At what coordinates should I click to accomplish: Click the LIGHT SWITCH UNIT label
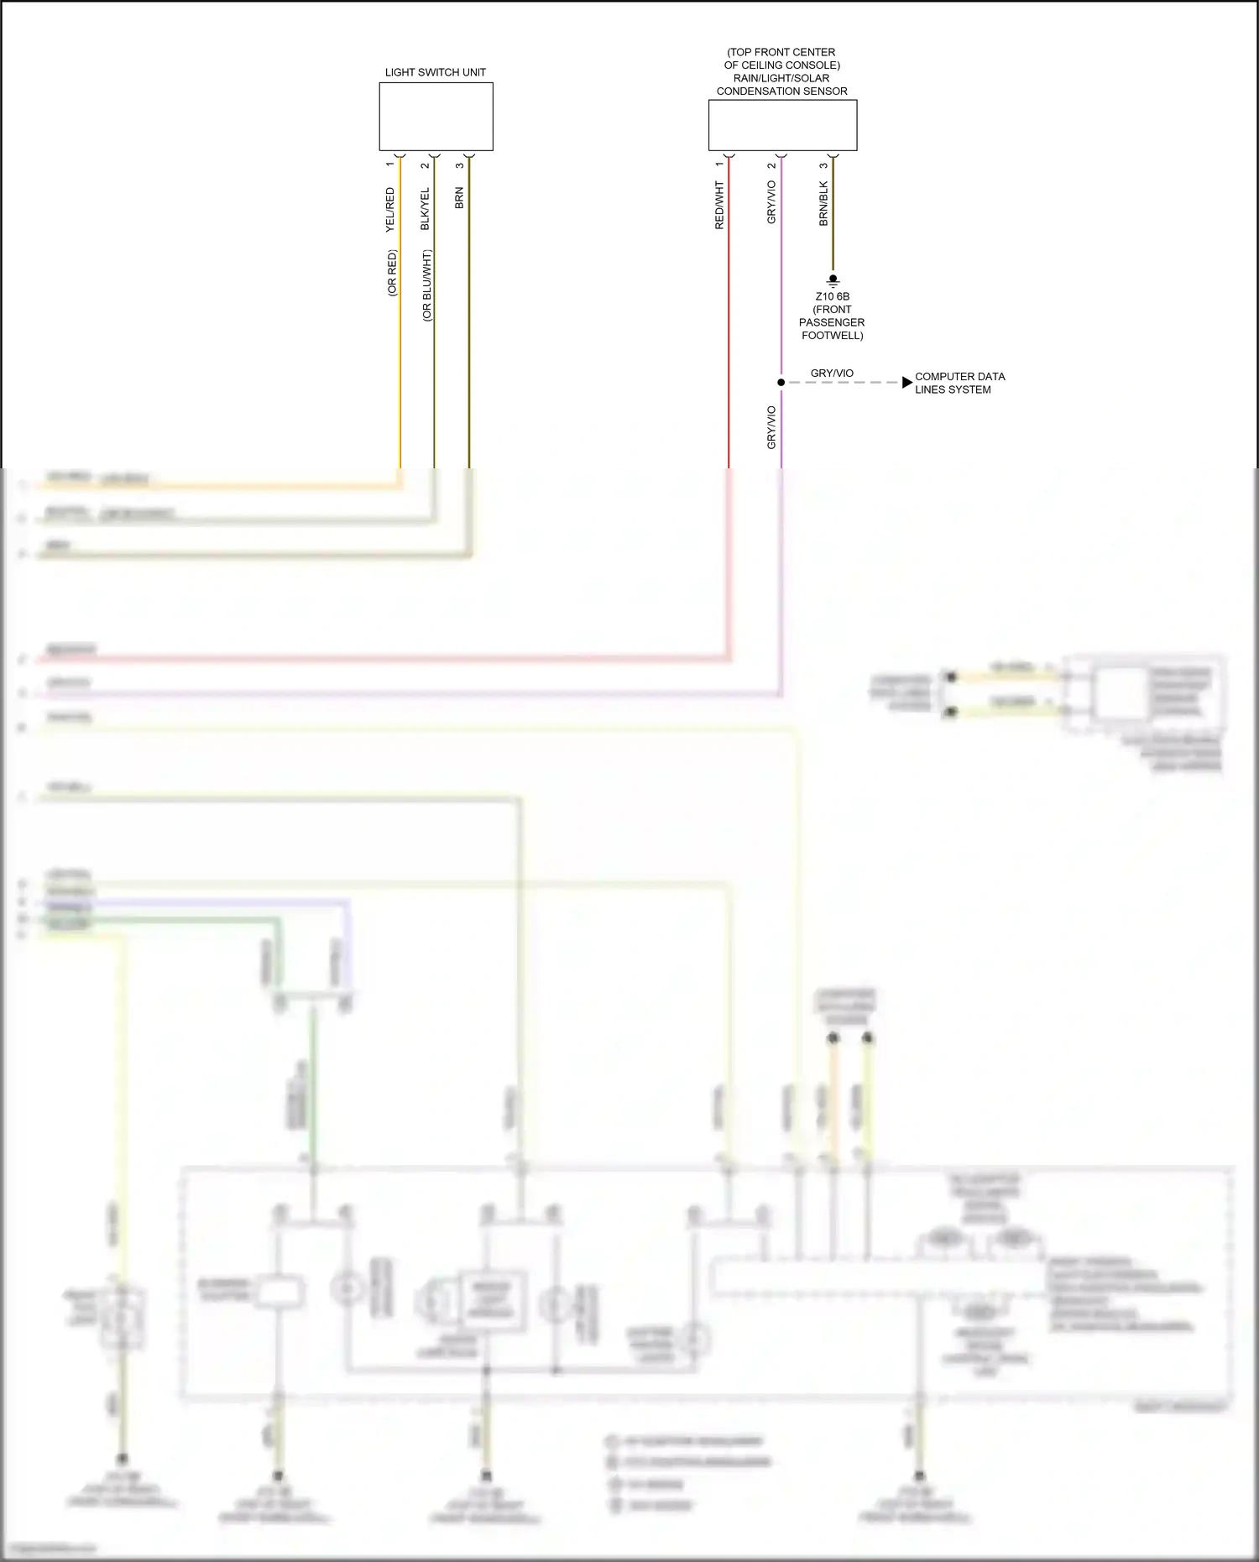click(435, 72)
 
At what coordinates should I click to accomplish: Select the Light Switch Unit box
click(436, 117)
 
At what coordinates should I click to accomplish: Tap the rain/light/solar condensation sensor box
click(782, 125)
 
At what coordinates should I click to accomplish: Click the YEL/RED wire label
click(390, 210)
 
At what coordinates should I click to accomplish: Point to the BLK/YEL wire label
click(426, 209)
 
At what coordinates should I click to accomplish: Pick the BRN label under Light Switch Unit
click(459, 198)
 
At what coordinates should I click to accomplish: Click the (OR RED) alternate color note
click(392, 273)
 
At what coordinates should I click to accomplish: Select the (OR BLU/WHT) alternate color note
click(427, 285)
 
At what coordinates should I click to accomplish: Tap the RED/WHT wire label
click(719, 205)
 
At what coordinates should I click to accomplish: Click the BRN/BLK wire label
click(823, 204)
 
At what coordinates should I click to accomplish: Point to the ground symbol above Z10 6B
click(833, 280)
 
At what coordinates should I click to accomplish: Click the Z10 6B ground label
click(832, 296)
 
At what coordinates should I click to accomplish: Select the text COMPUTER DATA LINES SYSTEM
click(959, 383)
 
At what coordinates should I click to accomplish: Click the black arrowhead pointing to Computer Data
click(906, 383)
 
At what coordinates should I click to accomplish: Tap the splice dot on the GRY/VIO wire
click(781, 383)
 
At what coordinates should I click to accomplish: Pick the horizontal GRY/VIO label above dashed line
click(832, 373)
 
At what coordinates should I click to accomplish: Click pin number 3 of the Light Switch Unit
click(460, 165)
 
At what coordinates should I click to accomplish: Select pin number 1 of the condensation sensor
click(719, 165)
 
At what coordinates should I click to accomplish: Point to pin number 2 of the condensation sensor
click(771, 165)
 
